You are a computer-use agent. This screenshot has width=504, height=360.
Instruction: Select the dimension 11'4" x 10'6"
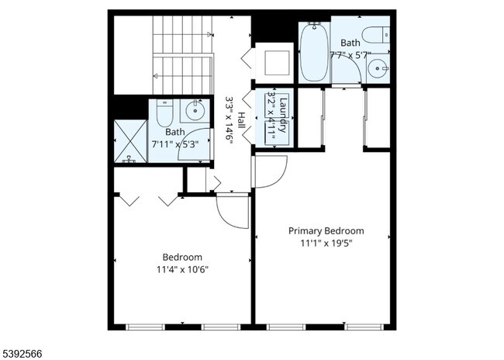coord(182,269)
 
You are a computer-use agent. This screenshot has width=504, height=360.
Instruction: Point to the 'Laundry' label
coord(284,115)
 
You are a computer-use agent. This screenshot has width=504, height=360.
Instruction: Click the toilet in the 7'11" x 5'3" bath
coord(164,115)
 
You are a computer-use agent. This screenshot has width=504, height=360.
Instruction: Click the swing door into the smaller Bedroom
coord(233,208)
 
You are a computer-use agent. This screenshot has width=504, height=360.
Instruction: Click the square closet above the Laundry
coord(274,63)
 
